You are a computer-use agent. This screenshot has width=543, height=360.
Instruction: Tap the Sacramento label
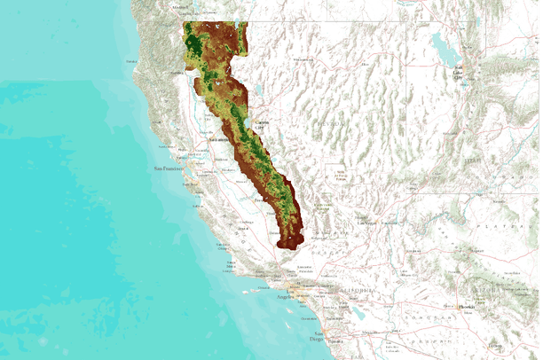coord(220,141)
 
